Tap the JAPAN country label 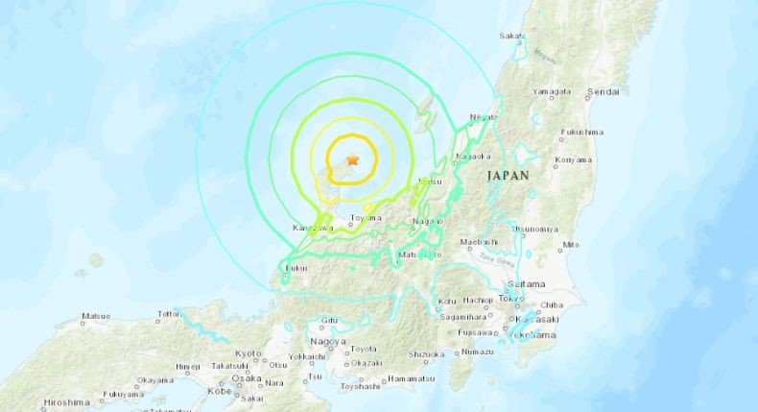[509, 176]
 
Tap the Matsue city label [96, 315]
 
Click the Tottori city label [170, 314]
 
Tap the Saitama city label [527, 284]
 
